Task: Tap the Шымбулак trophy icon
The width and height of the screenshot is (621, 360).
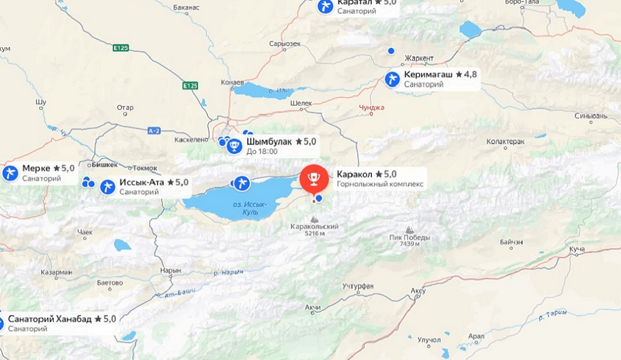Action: click(x=235, y=146)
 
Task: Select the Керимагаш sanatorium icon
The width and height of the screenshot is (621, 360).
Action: click(x=392, y=79)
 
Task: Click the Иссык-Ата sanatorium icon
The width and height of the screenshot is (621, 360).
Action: click(x=108, y=186)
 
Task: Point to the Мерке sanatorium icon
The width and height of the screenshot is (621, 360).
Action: click(x=10, y=173)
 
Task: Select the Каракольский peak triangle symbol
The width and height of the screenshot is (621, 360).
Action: click(x=314, y=219)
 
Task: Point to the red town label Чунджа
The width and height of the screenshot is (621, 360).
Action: click(x=372, y=107)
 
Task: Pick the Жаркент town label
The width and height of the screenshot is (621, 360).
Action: click(x=419, y=58)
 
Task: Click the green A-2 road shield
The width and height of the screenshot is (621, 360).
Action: click(x=155, y=130)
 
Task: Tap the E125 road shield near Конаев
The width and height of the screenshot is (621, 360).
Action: click(x=191, y=84)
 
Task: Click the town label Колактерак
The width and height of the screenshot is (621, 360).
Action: click(x=507, y=142)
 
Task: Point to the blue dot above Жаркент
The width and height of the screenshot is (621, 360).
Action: click(x=391, y=50)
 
